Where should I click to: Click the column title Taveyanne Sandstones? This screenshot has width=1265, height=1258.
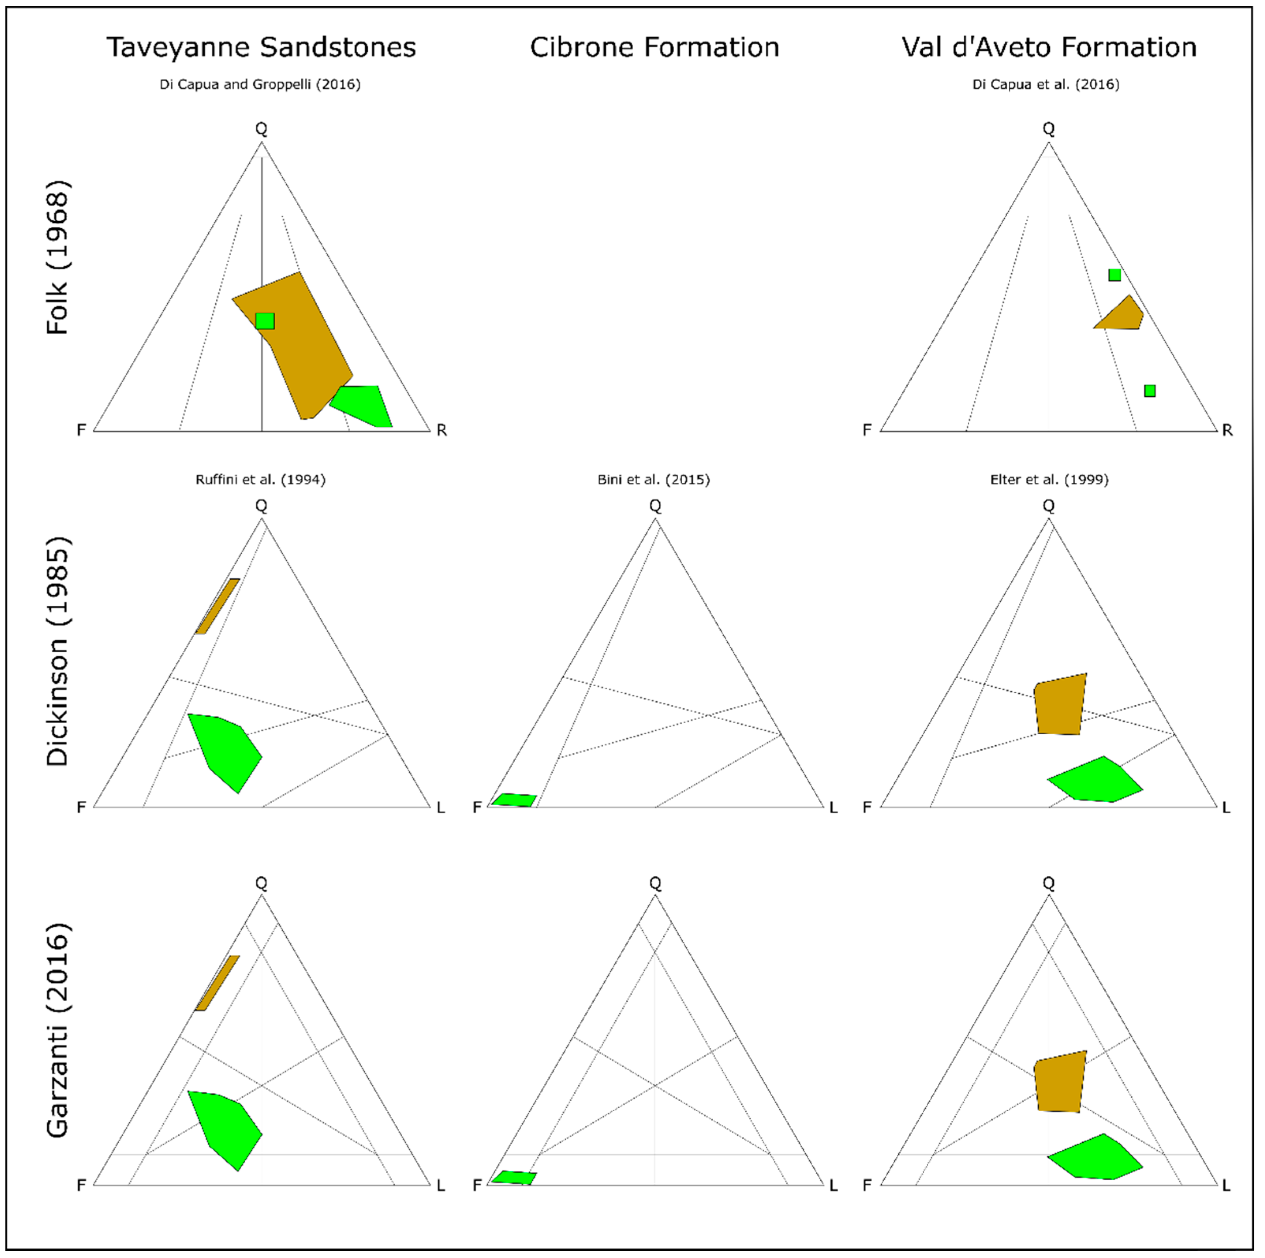[261, 48]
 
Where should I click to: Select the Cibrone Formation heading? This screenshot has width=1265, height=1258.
[654, 48]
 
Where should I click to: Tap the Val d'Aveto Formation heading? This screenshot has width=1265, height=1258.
[1049, 48]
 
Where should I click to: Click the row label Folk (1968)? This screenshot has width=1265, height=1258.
[58, 258]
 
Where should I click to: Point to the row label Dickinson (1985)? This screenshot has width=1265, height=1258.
[58, 651]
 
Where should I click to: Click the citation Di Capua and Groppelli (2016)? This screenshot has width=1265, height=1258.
[260, 84]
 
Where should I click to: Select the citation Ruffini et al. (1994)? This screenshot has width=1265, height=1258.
[260, 480]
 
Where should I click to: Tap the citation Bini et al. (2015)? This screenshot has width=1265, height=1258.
[653, 480]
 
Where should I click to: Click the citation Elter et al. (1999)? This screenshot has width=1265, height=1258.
[1049, 480]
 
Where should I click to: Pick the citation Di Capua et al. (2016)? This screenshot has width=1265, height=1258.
[1046, 84]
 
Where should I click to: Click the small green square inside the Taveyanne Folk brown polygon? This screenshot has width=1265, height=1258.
[265, 321]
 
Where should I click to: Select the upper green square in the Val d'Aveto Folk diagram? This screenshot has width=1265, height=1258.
[1114, 275]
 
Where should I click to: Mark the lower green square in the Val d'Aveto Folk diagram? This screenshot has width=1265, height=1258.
[1150, 391]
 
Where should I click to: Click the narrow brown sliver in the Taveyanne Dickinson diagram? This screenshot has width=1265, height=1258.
[217, 606]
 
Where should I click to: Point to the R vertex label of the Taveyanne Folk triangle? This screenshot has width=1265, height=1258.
[442, 430]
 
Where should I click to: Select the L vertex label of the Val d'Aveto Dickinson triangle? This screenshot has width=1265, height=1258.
[1226, 808]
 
